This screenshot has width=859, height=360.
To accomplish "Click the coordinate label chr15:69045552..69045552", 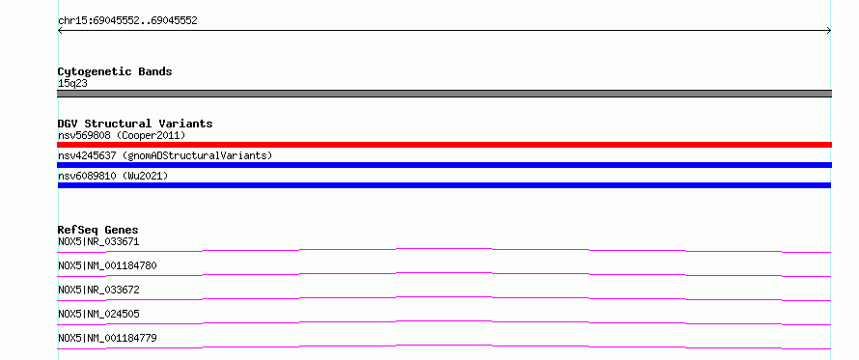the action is tap(127, 21).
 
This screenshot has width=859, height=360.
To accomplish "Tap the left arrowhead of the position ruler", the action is tap(60, 31).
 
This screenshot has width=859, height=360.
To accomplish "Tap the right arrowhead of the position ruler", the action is tap(829, 31).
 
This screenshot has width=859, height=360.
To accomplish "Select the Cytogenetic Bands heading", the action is tap(115, 71).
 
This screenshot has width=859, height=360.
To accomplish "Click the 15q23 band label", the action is tap(72, 84).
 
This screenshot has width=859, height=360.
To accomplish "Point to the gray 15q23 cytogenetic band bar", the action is tap(444, 94).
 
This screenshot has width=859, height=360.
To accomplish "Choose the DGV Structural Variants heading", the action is tap(135, 124).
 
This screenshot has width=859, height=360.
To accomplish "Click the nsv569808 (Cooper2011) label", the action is tap(122, 135).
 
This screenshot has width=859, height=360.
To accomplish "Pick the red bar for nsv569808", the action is tap(444, 145).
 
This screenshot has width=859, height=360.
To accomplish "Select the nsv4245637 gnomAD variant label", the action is tap(165, 155).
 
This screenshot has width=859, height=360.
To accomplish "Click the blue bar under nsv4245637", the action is tap(444, 165).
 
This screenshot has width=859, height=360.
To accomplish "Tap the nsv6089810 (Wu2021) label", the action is tap(113, 176).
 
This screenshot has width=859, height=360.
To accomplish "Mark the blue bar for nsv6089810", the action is tap(444, 185).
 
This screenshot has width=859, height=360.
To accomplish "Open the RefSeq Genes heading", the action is tap(98, 230).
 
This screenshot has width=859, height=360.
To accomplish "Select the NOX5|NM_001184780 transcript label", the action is tap(107, 265).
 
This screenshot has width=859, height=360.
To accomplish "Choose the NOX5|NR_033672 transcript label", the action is tap(98, 290).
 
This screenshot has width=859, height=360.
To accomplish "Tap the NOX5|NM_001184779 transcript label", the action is tap(107, 338).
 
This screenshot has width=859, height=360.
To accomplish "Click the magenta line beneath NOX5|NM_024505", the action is tap(444, 321).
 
